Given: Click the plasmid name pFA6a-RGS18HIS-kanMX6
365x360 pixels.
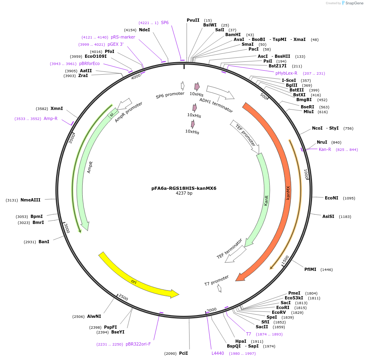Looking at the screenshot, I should [184, 188].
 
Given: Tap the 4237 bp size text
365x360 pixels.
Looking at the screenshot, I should [184, 193].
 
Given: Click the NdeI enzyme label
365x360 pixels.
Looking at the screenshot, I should [144, 30].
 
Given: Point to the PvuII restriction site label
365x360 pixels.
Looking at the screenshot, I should [193, 20].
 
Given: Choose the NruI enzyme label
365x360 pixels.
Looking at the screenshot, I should [322, 142].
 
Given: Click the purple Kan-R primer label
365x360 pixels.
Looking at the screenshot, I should [325, 149].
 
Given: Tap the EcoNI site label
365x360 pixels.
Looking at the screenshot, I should [331, 198].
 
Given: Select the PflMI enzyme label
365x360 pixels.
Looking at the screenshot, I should [310, 269].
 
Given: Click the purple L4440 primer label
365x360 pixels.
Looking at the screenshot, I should [218, 353].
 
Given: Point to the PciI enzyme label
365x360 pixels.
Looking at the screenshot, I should [184, 353].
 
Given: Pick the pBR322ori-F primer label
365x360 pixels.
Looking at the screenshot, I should [138, 344].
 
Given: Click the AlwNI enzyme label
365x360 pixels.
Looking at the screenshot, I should [94, 316].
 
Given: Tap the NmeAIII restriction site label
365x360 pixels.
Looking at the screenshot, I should [31, 200].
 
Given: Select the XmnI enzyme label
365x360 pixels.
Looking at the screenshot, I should [57, 108].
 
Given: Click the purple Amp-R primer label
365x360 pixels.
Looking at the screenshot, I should [51, 118].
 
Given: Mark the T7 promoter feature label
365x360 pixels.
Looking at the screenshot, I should [216, 280].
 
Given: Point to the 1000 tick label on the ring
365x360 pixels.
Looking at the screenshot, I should [306, 174].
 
